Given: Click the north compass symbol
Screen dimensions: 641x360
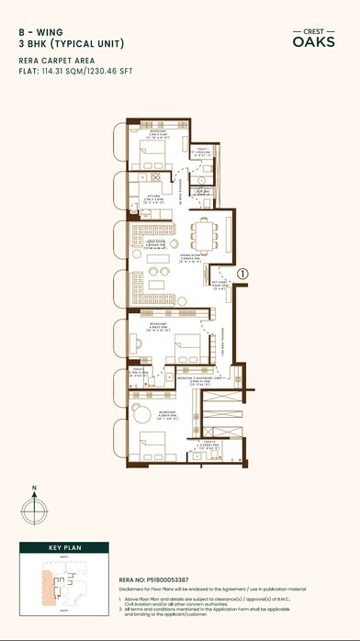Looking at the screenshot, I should pos(35,507).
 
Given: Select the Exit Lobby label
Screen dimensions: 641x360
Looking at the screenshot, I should pos(219,285).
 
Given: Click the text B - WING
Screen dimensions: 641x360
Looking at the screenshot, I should pos(37,30).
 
